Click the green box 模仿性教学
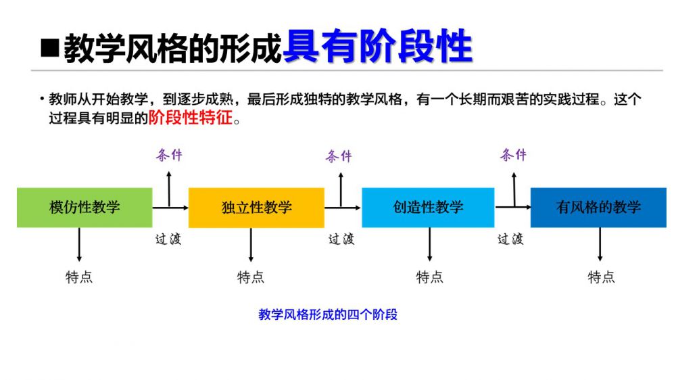84,207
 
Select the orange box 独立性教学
256,207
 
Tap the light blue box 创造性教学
428,207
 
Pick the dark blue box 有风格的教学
598,207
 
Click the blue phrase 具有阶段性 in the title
377,47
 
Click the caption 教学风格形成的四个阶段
328,314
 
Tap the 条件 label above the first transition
169,155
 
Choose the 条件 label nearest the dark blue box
513,155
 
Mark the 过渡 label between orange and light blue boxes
341,239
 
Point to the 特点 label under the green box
79,277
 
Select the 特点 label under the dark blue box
601,277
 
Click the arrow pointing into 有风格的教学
513,207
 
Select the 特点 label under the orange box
251,277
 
